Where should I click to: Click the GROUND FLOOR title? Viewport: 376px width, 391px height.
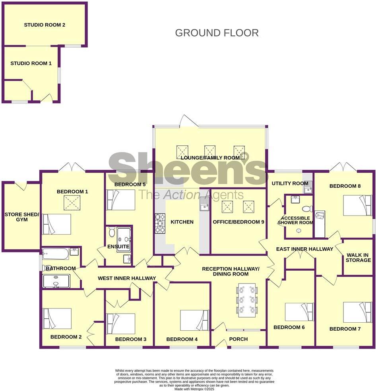click(217, 33)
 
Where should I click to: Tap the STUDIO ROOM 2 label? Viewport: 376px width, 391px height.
click(45, 25)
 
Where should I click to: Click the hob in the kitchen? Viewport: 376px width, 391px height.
click(160, 223)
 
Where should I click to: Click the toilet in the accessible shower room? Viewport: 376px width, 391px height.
click(307, 209)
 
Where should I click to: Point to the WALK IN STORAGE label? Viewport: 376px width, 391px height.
click(359, 258)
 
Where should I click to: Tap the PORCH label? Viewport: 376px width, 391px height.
click(238, 339)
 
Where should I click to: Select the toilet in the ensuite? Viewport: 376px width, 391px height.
click(111, 231)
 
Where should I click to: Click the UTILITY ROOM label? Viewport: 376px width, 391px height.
click(290, 183)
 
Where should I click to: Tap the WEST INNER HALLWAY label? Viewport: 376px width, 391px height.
click(127, 278)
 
